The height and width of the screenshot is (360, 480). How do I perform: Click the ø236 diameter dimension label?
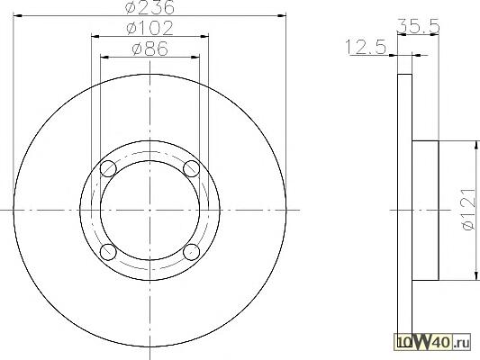(x=150, y=6)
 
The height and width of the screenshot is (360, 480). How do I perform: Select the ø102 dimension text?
(x=149, y=28)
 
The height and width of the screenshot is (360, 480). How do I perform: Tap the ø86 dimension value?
(x=150, y=49)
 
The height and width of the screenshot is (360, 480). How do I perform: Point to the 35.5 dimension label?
(x=418, y=26)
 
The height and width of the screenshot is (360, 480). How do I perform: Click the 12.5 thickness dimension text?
(x=366, y=47)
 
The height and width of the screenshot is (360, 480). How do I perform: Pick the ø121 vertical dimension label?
(x=468, y=209)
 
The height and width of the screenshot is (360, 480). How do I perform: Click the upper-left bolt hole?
(x=108, y=168)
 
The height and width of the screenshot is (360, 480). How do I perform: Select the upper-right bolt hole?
(x=191, y=168)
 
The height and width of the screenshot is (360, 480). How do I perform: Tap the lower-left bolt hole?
(x=108, y=251)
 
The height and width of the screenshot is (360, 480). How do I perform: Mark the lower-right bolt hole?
(x=191, y=251)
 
